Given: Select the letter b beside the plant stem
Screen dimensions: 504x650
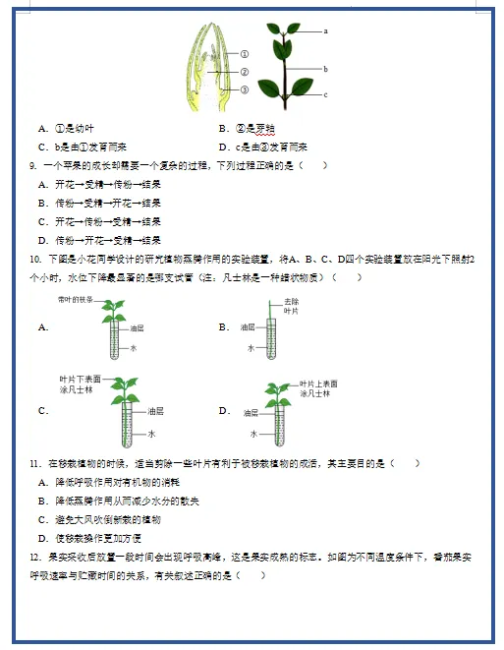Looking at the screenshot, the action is [x=324, y=69].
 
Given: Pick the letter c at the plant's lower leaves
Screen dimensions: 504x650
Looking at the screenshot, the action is [x=324, y=93].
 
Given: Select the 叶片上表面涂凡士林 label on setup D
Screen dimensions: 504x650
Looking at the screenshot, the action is [x=318, y=387].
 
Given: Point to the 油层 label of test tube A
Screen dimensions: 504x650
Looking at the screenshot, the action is [x=138, y=330].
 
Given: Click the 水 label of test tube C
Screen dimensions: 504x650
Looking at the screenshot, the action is [x=152, y=433].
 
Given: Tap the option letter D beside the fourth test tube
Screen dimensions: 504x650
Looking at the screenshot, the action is [x=224, y=411].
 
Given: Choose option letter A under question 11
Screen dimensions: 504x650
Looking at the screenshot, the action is [x=42, y=482].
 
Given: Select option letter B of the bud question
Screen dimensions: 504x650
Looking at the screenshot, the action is [x=224, y=128].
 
